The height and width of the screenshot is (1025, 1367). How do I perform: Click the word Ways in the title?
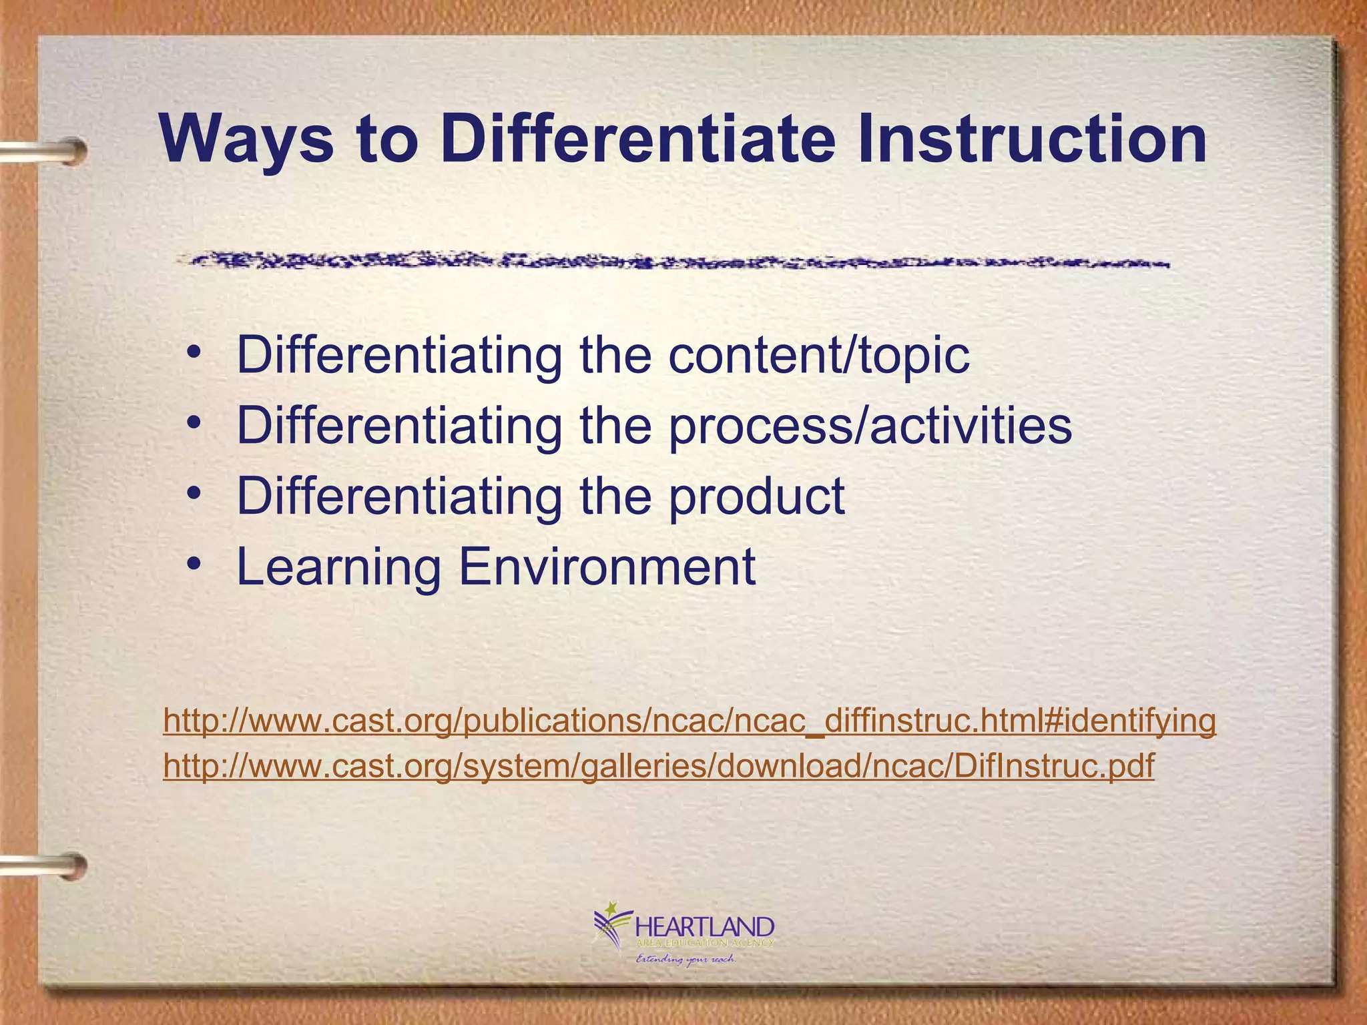click(x=246, y=140)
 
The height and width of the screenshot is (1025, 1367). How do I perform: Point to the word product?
click(x=757, y=496)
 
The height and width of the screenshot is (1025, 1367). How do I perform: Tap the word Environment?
click(x=607, y=567)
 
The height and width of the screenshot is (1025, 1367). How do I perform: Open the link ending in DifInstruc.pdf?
click(x=658, y=765)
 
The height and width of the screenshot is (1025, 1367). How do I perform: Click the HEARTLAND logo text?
click(x=705, y=927)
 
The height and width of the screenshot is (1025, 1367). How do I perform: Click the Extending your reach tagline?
click(x=685, y=960)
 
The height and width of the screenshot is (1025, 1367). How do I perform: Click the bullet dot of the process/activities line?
click(x=194, y=423)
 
